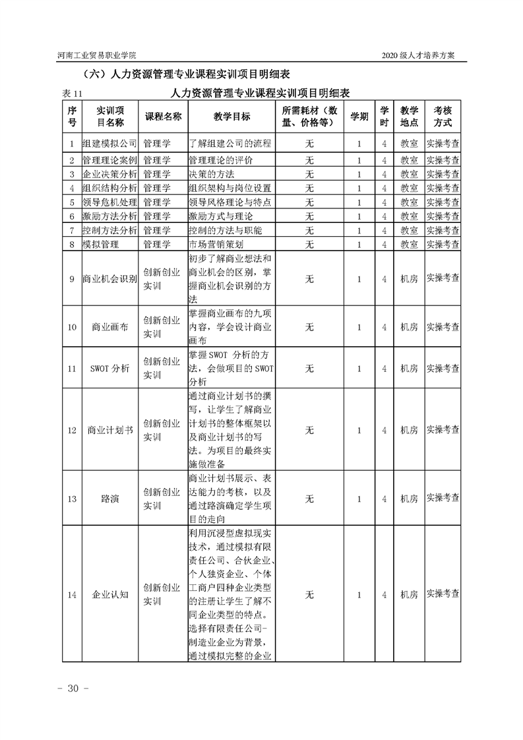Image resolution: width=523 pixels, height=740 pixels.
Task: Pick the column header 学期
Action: [x=359, y=116]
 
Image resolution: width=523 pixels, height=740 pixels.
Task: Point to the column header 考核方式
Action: [x=443, y=116]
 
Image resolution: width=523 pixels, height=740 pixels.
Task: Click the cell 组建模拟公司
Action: [x=109, y=143]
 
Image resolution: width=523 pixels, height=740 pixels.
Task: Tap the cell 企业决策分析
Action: [x=109, y=174]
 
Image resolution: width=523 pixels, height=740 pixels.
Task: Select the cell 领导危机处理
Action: [x=109, y=202]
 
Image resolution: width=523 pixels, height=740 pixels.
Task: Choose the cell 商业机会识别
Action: [x=109, y=279]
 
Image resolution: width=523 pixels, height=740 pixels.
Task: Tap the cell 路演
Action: [x=109, y=499]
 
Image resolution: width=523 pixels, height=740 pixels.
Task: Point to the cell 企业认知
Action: [x=109, y=594]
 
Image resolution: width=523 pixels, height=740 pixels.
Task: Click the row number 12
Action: [x=72, y=430]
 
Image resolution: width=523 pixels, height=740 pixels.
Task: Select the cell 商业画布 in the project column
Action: [x=109, y=326]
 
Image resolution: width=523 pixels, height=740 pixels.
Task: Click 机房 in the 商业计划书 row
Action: [x=409, y=430]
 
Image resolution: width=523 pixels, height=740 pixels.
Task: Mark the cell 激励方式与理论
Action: [x=220, y=216]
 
